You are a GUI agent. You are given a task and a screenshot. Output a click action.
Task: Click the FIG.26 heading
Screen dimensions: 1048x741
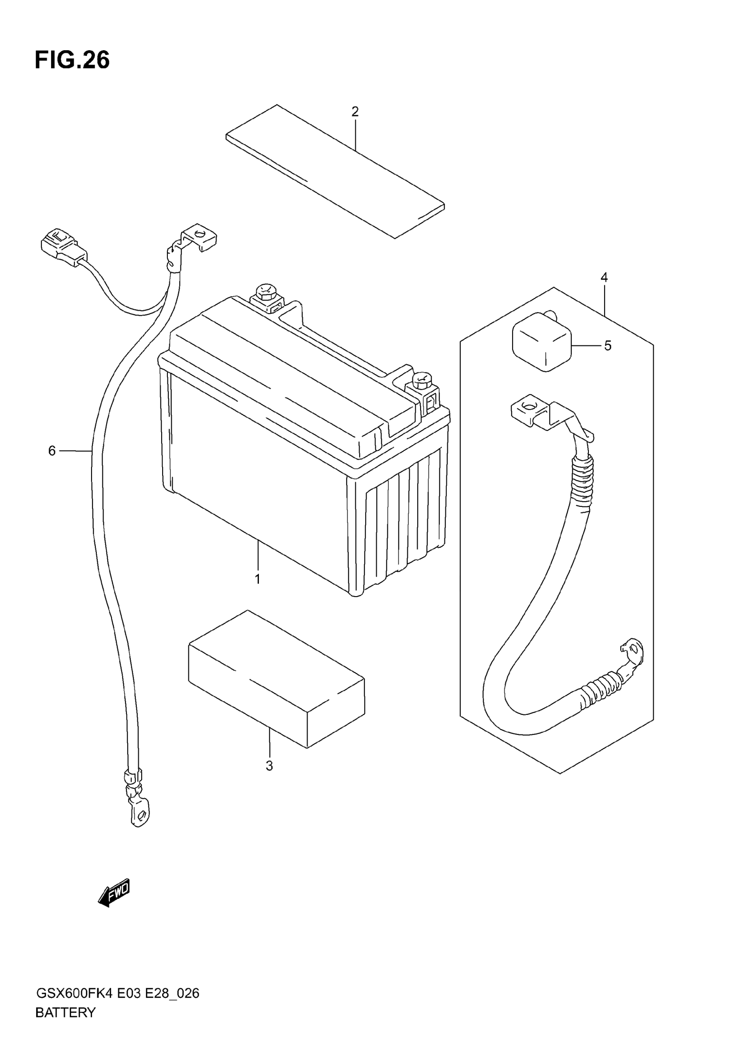[72, 60]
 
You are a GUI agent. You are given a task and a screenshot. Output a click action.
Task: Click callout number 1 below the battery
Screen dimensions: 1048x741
[257, 579]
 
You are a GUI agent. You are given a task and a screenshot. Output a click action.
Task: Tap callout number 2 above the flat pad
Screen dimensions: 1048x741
[355, 111]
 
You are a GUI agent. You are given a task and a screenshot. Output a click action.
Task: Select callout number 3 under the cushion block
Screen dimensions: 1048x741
[269, 766]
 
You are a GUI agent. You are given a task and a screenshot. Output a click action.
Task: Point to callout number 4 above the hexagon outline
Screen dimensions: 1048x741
[604, 277]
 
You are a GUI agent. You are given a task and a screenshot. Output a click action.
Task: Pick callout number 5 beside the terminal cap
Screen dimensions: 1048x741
[607, 346]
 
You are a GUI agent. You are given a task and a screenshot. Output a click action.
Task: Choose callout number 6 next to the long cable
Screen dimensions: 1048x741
[52, 451]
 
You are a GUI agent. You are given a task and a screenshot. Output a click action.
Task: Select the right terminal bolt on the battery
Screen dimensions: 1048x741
[422, 380]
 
